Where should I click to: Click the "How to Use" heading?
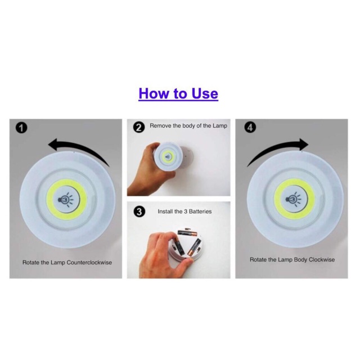point(178,93)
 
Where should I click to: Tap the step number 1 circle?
point(21,128)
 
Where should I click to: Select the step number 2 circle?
point(139,127)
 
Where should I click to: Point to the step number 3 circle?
point(139,211)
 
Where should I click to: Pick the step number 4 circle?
point(250,128)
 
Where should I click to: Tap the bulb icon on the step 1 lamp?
point(66,199)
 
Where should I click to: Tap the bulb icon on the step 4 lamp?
point(294,199)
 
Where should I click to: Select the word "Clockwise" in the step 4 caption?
point(322,260)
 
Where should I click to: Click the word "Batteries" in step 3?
point(200,211)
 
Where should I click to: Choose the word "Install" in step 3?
point(165,211)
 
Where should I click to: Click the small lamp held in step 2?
point(168,157)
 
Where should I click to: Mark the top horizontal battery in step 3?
point(187,233)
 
